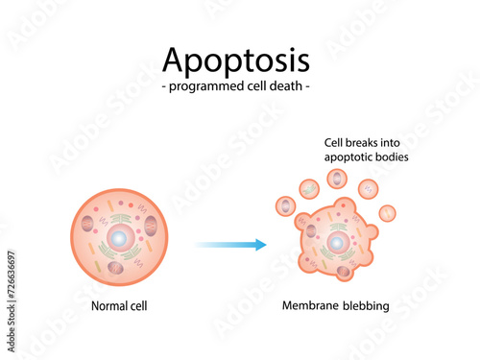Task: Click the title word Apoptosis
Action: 236,60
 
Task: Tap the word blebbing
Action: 366,306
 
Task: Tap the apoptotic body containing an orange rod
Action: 388,212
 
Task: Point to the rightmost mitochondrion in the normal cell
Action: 150,227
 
